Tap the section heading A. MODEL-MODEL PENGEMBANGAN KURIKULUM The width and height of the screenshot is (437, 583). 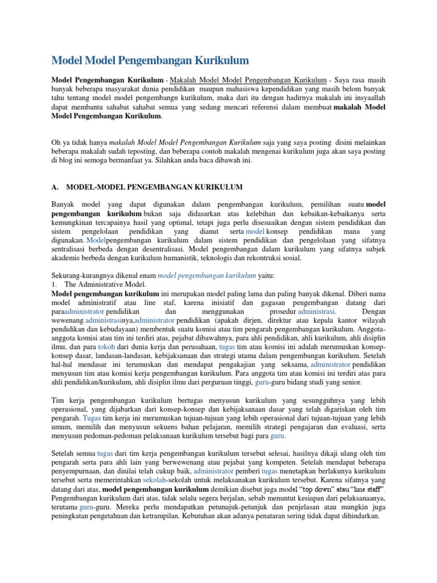point(147,187)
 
